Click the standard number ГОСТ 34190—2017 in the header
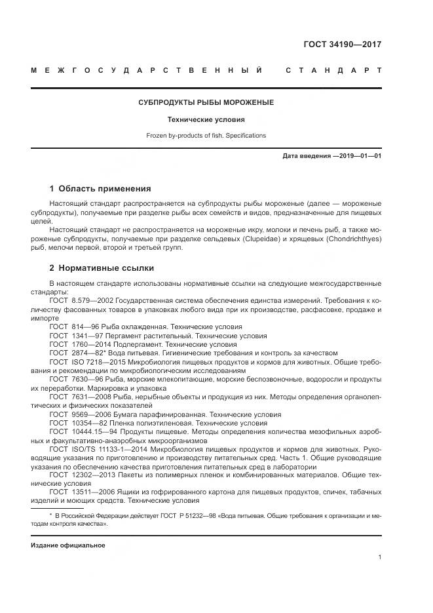[342, 45]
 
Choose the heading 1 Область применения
[100, 188]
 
